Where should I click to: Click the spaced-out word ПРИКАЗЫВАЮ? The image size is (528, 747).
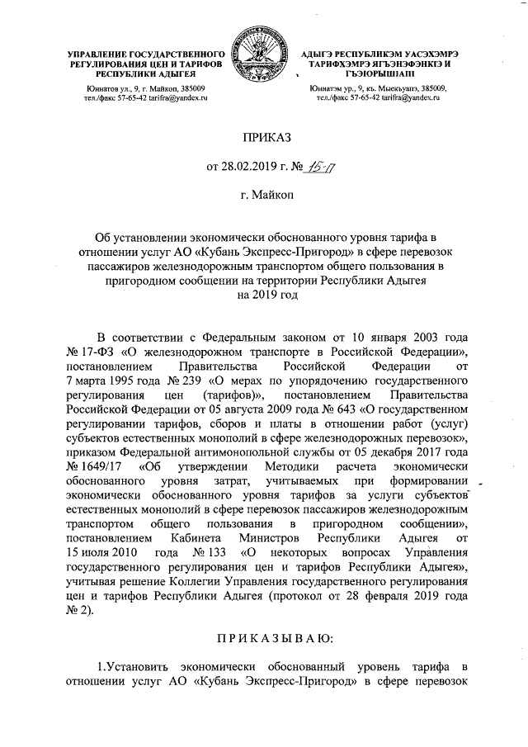point(264,637)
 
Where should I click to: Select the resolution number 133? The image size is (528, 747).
point(199,548)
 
